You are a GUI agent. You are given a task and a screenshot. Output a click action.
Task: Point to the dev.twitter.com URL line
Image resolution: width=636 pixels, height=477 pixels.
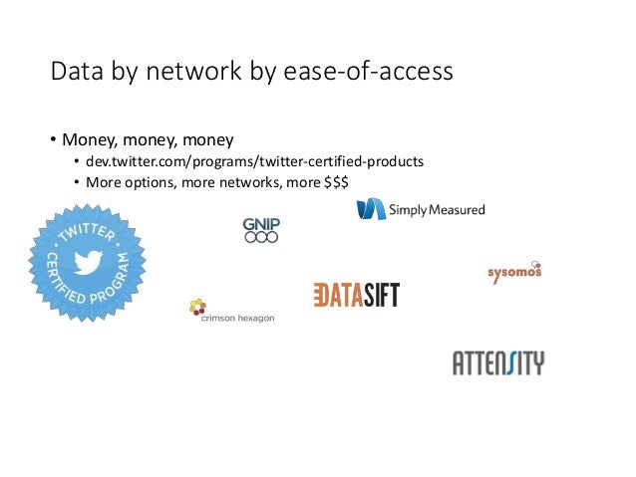(x=254, y=161)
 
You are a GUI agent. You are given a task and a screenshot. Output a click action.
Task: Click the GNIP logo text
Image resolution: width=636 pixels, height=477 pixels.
(x=261, y=225)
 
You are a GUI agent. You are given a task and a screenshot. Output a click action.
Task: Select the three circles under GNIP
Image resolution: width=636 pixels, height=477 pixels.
(x=261, y=238)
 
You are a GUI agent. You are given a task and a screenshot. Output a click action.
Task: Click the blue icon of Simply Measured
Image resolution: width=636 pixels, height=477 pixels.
(x=371, y=209)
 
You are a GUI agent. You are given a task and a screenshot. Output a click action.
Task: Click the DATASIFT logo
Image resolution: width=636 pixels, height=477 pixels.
(x=356, y=295)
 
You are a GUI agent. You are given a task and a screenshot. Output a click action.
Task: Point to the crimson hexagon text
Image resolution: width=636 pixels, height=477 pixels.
(x=238, y=319)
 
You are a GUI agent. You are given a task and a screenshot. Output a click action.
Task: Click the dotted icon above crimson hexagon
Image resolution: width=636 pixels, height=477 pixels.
(x=197, y=307)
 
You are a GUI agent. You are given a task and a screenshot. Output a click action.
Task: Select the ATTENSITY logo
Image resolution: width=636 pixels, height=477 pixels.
(x=498, y=362)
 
